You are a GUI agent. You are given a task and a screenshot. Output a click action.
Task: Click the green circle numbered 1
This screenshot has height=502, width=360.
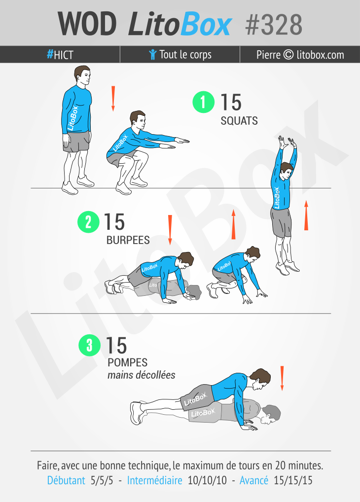coord(203,102)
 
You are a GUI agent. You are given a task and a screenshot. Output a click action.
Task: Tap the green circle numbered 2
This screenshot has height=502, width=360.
coord(88,222)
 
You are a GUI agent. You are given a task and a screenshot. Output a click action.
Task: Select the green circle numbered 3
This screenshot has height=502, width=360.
coord(89,345)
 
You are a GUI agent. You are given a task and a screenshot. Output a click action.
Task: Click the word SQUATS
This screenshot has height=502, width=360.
coord(239,121)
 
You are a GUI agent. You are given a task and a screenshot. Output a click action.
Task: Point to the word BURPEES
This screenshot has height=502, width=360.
coord(128,240)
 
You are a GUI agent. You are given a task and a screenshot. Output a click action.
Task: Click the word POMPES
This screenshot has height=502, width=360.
coord(127,362)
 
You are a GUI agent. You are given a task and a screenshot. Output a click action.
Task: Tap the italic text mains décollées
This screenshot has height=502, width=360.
coord(141,375)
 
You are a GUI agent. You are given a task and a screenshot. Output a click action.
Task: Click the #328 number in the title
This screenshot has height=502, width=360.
coord(274,25)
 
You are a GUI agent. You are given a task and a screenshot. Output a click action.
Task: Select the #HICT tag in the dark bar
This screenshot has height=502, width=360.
coord(60,55)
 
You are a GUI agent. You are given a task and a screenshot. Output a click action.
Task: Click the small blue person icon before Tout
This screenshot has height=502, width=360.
coord(152,55)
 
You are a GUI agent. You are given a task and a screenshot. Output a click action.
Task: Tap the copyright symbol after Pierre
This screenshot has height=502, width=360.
coord(288,55)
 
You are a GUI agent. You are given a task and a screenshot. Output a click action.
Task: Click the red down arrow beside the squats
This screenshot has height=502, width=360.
coord(113,99)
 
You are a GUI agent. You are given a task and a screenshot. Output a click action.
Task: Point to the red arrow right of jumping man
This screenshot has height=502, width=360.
coord(306,215)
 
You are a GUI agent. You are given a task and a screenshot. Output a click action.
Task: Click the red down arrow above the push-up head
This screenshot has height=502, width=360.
coord(282,378)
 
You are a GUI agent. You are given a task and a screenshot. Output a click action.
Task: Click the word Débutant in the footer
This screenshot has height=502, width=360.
coord(66,481)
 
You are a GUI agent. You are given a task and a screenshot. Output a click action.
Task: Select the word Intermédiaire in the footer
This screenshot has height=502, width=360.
coord(155,481)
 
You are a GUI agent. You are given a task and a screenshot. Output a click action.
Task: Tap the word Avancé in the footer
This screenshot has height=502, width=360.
coord(254,481)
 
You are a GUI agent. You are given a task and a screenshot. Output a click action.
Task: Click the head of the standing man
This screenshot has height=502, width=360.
coord(82,76)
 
